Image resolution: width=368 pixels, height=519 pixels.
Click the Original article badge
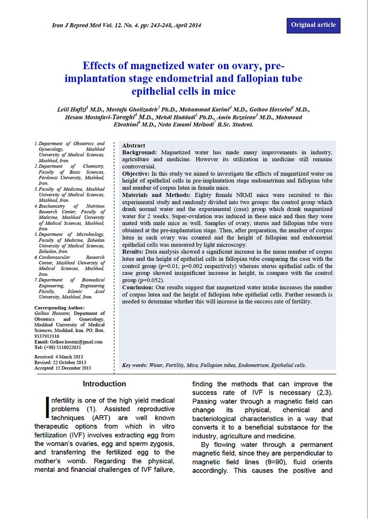313,25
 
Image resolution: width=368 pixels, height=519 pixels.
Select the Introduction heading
104,384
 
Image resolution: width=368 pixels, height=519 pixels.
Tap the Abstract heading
134,146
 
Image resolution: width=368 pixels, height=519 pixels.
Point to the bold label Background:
140,152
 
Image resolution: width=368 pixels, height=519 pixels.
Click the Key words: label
135,365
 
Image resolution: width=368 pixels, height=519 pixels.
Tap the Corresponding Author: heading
60,308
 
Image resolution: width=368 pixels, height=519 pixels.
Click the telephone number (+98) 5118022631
62,347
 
